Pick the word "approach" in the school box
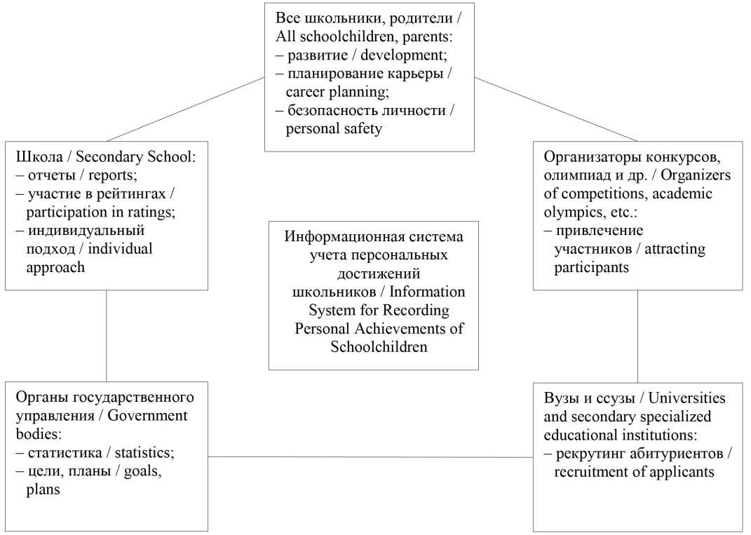pyautogui.click(x=55, y=267)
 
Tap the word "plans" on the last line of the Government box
pyautogui.click(x=43, y=490)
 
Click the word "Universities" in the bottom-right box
pyautogui.click(x=686, y=398)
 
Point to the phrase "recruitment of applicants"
pyautogui.click(x=634, y=472)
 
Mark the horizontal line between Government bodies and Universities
pyautogui.click(x=370, y=457)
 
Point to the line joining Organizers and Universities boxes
pyautogui.click(x=637, y=337)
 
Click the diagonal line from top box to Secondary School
pyautogui.click(x=186, y=109)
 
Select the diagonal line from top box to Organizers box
pyautogui.click(x=555, y=109)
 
